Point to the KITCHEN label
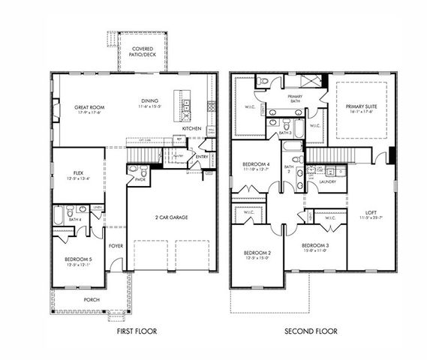coord(192,129)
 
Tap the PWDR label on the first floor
coord(140,180)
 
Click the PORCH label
coord(92,300)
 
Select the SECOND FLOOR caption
coord(311,330)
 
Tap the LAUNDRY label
coord(327,181)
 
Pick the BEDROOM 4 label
coord(257,166)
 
